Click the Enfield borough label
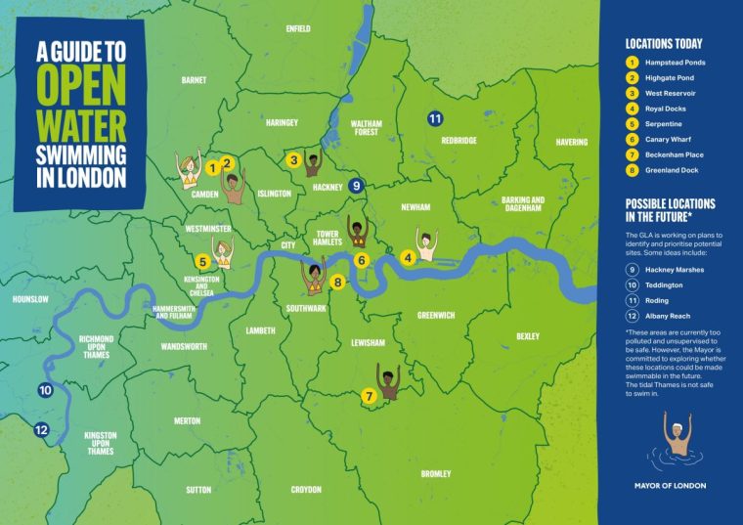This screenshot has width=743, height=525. pos(297,28)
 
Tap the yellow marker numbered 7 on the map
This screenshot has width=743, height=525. pos(369,396)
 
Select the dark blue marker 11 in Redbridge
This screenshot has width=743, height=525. pos(435,118)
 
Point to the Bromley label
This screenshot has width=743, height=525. pos(435,473)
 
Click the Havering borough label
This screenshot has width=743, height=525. pos(572,142)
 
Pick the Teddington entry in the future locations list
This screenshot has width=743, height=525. pos(664,284)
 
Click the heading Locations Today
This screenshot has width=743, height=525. pos(664,44)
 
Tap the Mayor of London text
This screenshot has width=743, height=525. pos(669,486)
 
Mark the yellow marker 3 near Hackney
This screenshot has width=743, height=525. pos(293,159)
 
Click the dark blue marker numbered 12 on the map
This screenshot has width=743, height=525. pos(40,429)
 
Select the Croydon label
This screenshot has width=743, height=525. pos(305,489)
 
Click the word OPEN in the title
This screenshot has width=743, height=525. pos(82,84)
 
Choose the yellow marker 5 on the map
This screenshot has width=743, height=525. pos(201,261)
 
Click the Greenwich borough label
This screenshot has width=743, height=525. pos(435,316)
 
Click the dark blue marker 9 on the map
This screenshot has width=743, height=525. pos(356,185)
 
